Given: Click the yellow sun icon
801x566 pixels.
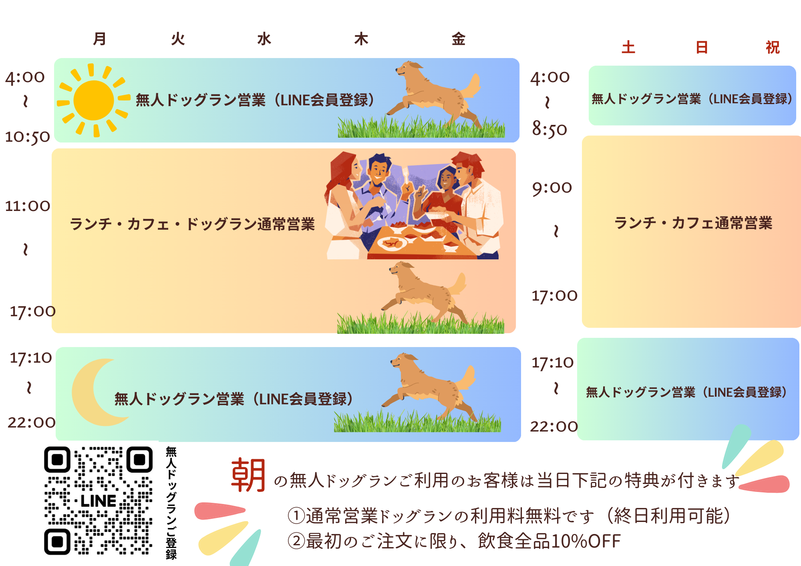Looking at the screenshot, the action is pyautogui.click(x=94, y=100).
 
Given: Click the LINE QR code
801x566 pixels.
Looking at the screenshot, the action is pyautogui.click(x=98, y=500).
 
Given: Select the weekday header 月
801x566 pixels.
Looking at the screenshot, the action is pyautogui.click(x=100, y=39).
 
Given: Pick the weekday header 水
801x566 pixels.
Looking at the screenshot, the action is pyautogui.click(x=264, y=39).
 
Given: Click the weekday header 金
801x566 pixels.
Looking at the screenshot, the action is pyautogui.click(x=459, y=39).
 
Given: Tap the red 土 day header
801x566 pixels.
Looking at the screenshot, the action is pyautogui.click(x=628, y=47).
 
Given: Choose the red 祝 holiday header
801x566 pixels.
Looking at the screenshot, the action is pyautogui.click(x=773, y=47).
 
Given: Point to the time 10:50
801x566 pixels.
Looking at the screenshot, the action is pyautogui.click(x=27, y=137).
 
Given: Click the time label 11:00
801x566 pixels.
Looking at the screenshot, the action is pyautogui.click(x=27, y=206).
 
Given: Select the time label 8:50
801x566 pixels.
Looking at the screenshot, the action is pyautogui.click(x=549, y=129).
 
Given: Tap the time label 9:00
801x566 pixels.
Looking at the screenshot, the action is pyautogui.click(x=552, y=188).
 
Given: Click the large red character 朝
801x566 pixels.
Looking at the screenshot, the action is pyautogui.click(x=248, y=475).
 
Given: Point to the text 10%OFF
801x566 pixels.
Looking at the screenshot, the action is pyautogui.click(x=586, y=541).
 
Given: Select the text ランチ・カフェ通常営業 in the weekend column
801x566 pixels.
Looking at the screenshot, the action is pyautogui.click(x=693, y=223).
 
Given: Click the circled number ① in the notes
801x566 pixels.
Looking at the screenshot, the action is pyautogui.click(x=296, y=516).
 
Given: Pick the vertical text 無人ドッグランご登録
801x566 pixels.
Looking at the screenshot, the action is pyautogui.click(x=171, y=503).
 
